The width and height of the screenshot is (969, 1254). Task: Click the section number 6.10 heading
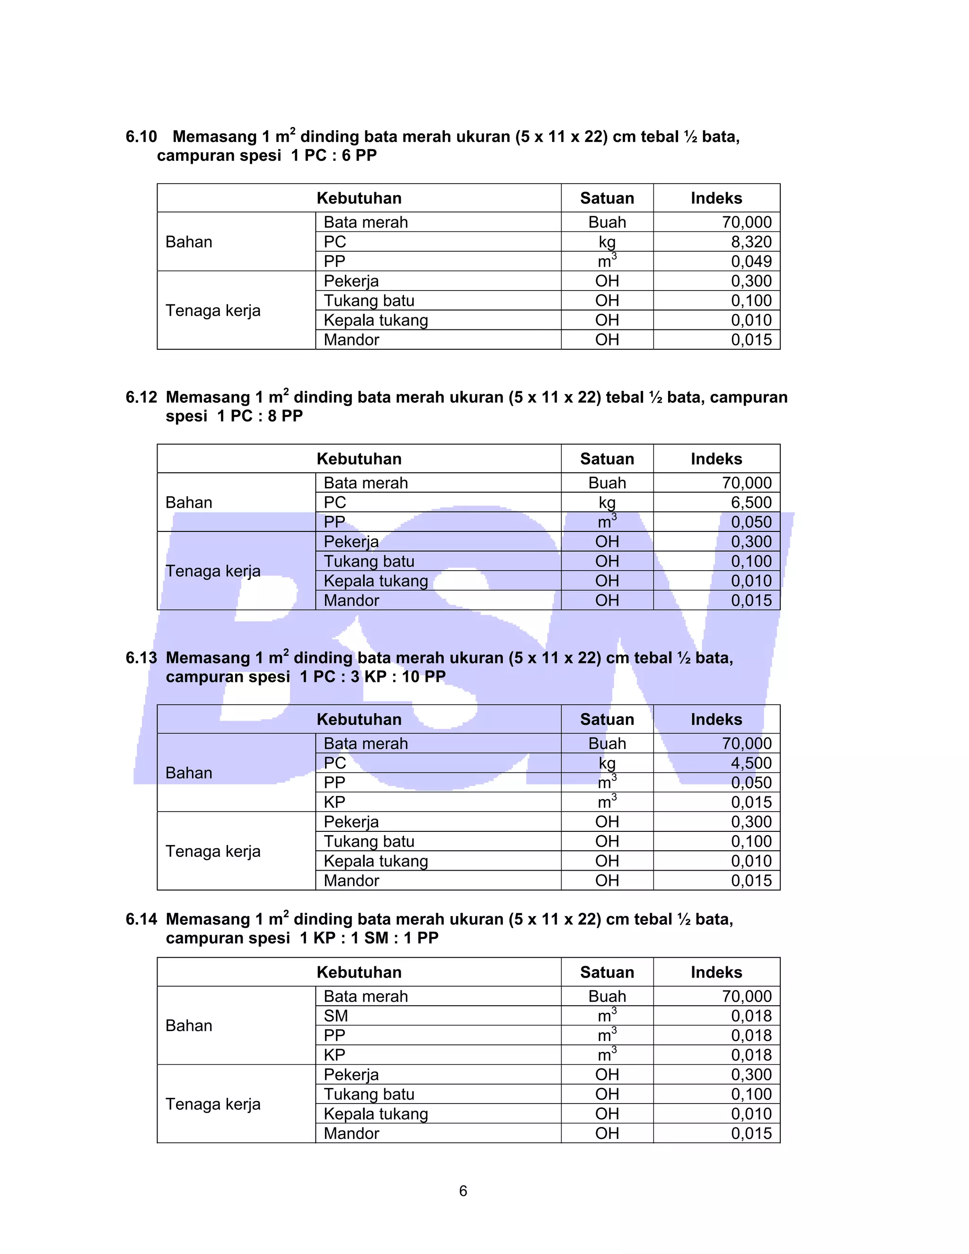(x=141, y=137)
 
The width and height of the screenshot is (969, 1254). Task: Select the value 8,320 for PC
(x=751, y=242)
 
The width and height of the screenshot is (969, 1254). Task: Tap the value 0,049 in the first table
(x=751, y=261)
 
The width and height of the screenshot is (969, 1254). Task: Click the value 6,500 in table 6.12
(x=751, y=503)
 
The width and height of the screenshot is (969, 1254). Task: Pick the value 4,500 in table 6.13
(x=751, y=763)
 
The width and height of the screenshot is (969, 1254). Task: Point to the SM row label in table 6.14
(x=336, y=1016)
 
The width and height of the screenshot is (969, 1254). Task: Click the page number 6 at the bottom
(x=463, y=1192)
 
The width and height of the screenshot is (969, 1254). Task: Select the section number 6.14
(x=141, y=919)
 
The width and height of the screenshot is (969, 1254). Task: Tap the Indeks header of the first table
(x=716, y=198)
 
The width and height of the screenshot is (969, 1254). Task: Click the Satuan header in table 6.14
(x=607, y=972)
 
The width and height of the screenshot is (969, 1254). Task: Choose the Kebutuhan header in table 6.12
(x=359, y=459)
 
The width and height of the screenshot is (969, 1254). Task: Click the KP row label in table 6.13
(x=335, y=802)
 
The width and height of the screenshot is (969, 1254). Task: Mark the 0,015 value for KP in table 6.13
(x=751, y=802)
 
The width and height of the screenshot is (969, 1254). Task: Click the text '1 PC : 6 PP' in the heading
(x=334, y=156)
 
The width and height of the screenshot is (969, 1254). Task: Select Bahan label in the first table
(x=189, y=242)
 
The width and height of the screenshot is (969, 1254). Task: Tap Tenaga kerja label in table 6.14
(x=213, y=1104)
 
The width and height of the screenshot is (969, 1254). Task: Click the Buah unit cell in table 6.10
(x=607, y=222)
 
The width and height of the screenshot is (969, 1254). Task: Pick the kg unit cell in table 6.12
(x=607, y=503)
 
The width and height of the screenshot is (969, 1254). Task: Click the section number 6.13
(x=141, y=658)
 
